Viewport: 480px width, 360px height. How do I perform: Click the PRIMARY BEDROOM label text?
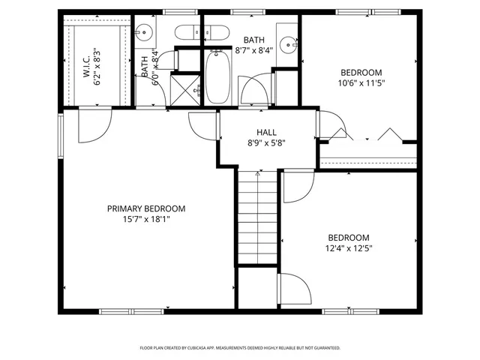pos(145,208)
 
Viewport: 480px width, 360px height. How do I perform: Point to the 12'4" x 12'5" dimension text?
pos(348,247)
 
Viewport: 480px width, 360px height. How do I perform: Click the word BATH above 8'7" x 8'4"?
pos(251,40)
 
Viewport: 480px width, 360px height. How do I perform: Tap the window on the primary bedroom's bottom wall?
pos(120,311)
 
